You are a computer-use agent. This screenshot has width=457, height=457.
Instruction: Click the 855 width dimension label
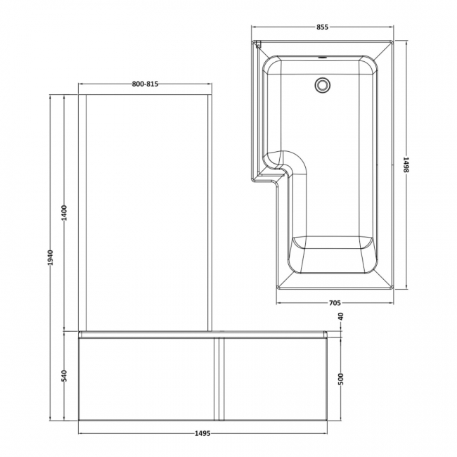[321, 27]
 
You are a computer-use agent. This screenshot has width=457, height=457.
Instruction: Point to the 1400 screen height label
[64, 212]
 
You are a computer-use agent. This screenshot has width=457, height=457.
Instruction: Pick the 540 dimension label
[64, 375]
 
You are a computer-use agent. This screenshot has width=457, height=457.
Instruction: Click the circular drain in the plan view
[322, 84]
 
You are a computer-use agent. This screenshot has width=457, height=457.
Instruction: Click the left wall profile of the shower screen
[82, 211]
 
